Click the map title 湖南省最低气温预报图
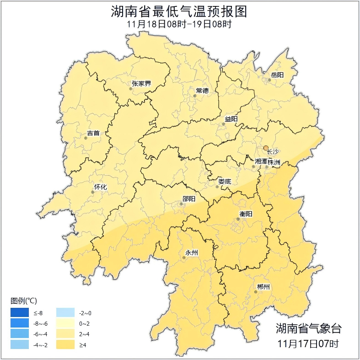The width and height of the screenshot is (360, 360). click(x=179, y=11)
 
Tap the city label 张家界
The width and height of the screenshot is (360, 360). click(x=141, y=84)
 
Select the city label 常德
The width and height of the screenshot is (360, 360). click(x=202, y=91)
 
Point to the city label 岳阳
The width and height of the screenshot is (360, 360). click(x=277, y=75)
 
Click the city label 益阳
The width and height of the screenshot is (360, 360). click(x=231, y=119)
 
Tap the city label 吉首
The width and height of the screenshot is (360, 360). click(x=93, y=134)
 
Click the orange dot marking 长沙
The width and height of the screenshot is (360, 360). click(x=266, y=148)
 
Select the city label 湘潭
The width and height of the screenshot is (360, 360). click(x=260, y=161)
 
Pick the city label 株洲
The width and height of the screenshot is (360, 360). click(x=274, y=161)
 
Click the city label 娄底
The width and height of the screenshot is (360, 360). click(x=225, y=181)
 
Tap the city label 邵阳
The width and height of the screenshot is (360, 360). click(x=188, y=199)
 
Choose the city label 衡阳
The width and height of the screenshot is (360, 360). click(x=246, y=214)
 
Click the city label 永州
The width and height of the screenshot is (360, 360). click(x=191, y=253)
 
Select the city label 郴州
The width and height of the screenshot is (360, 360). click(x=263, y=287)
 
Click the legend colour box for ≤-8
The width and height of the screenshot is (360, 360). click(x=20, y=313)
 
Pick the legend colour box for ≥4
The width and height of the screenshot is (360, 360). click(x=65, y=344)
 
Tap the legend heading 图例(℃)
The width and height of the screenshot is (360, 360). click(x=24, y=301)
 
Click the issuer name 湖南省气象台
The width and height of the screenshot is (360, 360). click(x=308, y=328)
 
